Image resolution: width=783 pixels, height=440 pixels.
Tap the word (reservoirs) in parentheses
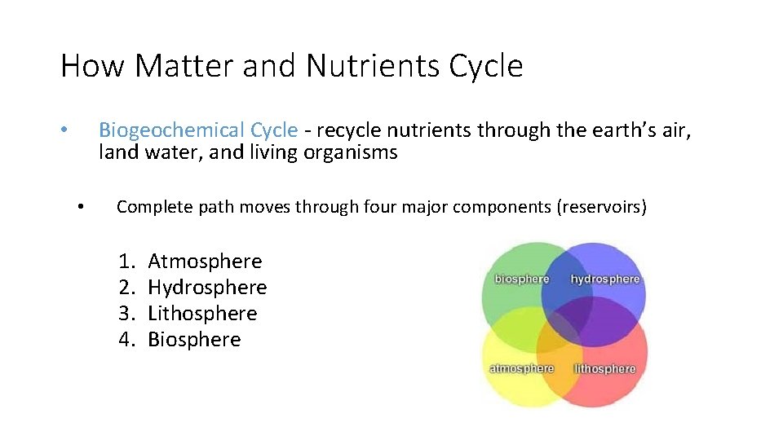click(601, 207)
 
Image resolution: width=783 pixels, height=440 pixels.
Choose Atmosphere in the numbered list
click(205, 262)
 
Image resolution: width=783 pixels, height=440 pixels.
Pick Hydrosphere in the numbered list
click(207, 288)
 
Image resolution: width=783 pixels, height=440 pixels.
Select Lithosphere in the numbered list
click(202, 314)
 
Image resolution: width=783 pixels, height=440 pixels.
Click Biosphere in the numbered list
click(194, 340)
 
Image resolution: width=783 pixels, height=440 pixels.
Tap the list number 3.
click(126, 314)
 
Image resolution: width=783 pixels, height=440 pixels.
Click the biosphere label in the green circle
click(522, 279)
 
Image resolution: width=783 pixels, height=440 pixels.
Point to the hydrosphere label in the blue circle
click(605, 279)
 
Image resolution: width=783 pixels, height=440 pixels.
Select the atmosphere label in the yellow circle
click(521, 368)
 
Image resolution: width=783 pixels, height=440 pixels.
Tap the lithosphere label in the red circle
click(604, 369)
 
